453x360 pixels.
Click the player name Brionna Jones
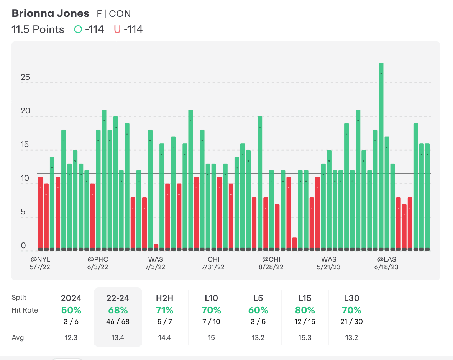(x=51, y=13)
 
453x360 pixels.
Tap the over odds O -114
(x=89, y=29)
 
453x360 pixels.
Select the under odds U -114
(x=128, y=29)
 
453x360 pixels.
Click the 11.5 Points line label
(x=38, y=29)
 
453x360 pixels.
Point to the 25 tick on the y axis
(x=25, y=78)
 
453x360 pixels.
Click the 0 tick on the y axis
(x=23, y=246)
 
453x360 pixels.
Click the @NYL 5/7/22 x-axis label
(x=40, y=263)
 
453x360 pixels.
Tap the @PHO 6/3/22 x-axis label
(x=98, y=263)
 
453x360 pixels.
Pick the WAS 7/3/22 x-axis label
(x=156, y=263)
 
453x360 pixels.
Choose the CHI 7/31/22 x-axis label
(x=213, y=263)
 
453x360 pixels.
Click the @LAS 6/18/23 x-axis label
(x=386, y=263)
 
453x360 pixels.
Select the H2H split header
(x=164, y=298)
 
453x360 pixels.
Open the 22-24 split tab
(x=118, y=298)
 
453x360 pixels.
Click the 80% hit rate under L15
(x=305, y=310)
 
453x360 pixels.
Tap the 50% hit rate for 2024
(x=71, y=310)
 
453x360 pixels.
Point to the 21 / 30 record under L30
(x=352, y=322)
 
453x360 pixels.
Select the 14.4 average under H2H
(x=164, y=338)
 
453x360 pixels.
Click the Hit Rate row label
(x=25, y=310)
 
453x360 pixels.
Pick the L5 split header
(x=258, y=298)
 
